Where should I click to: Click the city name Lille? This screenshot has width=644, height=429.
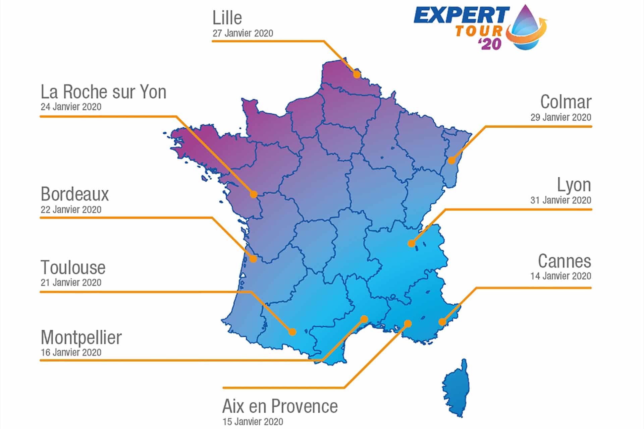[x=227, y=18]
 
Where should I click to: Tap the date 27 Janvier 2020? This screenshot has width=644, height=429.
[x=243, y=33]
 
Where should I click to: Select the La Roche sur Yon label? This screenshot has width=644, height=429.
[x=103, y=92]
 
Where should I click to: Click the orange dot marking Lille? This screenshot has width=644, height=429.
[x=357, y=74]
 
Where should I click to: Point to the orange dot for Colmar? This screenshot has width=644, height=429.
[x=451, y=160]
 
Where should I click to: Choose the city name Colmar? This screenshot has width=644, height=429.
[x=566, y=102]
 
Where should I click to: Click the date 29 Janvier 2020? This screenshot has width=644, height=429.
[x=560, y=117]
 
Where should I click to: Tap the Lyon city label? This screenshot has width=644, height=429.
[x=574, y=185]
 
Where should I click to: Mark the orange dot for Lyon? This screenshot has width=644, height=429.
[x=411, y=243]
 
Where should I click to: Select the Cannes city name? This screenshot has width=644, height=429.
[x=565, y=261]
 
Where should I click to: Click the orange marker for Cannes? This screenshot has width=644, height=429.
[x=442, y=322]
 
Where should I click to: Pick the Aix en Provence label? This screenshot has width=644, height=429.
[x=280, y=406]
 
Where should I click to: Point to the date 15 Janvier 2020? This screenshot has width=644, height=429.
[x=253, y=422]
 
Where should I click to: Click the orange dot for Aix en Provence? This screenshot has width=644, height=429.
[x=408, y=324]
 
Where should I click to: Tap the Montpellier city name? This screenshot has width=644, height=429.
[x=81, y=338]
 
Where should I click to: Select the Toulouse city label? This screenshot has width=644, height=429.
[x=73, y=267]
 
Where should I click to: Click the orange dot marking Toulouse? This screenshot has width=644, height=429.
[x=292, y=332]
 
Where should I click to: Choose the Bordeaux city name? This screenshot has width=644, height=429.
[x=75, y=194]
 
